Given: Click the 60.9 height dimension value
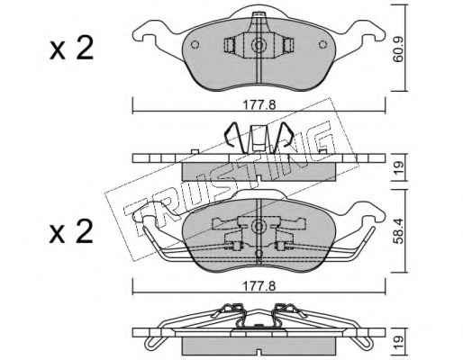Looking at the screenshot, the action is (x=398, y=50).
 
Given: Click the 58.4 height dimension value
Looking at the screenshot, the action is (x=398, y=231).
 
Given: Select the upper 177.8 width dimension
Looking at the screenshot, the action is (x=259, y=105).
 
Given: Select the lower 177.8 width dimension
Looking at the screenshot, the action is (x=259, y=286).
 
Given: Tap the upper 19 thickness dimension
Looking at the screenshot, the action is (x=398, y=167).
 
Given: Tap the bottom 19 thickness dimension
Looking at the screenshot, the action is (x=398, y=342).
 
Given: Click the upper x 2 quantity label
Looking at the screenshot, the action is (x=71, y=49).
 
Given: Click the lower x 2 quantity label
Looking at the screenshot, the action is (x=71, y=231).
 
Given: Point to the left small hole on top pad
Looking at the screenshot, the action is (x=195, y=45).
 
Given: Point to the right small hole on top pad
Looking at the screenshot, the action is (x=322, y=45).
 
